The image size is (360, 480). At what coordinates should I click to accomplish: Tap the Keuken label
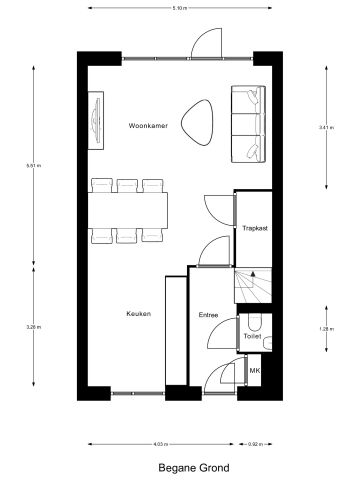tap(138, 314)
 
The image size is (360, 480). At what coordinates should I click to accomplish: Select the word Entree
tap(208, 314)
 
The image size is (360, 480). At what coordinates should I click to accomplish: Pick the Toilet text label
tap(252, 337)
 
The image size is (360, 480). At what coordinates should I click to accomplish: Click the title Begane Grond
tap(193, 467)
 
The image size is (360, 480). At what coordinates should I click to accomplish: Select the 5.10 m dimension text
tap(179, 8)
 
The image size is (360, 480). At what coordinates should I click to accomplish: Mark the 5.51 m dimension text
tap(37, 166)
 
